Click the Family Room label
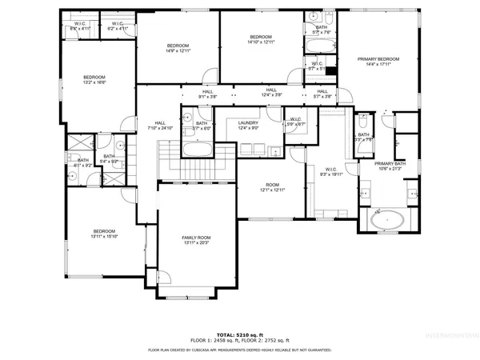[x=196, y=240]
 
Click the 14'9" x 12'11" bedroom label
[x=178, y=48]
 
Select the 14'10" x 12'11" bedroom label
[x=261, y=40]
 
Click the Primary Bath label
[x=394, y=166]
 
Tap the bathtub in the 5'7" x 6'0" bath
[x=196, y=149]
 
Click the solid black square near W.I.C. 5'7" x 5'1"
[x=330, y=69]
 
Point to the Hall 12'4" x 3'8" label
[x=271, y=93]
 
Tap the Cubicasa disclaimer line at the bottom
[x=240, y=350]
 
